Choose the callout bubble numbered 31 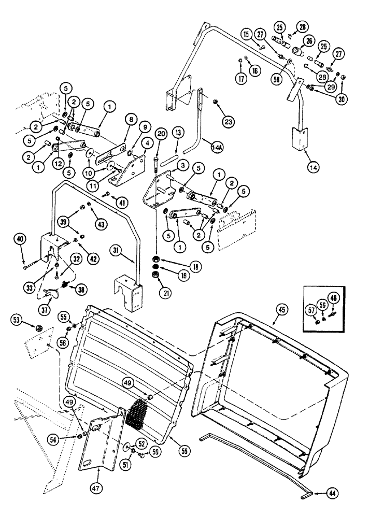[117, 250]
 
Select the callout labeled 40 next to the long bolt [20, 239]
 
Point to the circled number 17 [241, 79]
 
